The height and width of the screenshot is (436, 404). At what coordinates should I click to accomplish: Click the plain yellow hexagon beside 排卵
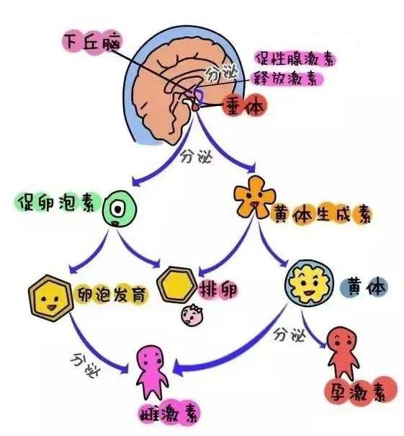(176, 286)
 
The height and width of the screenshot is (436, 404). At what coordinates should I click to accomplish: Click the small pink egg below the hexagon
(193, 313)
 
